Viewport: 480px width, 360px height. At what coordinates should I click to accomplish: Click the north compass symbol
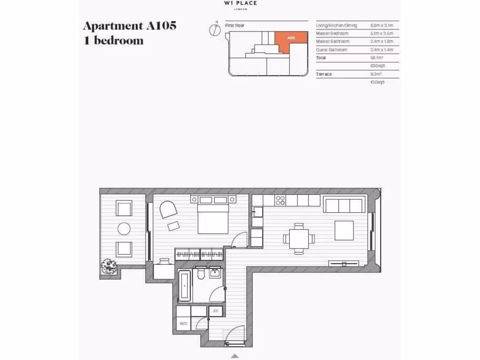click(215, 29)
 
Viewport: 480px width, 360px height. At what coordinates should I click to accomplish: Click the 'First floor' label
click(235, 25)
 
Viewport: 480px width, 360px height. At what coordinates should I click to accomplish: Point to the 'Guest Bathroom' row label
click(332, 50)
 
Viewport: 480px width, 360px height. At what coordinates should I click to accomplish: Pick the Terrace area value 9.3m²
click(376, 74)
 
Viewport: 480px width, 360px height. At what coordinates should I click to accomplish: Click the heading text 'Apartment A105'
click(129, 25)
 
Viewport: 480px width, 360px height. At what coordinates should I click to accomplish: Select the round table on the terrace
click(124, 228)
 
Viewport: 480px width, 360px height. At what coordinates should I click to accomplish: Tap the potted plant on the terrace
click(109, 267)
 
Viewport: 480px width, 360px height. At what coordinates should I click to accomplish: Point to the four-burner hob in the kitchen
click(280, 201)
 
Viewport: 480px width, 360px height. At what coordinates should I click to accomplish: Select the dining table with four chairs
click(299, 239)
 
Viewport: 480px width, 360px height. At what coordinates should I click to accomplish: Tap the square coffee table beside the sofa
click(344, 230)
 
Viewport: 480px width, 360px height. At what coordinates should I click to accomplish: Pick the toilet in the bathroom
click(200, 274)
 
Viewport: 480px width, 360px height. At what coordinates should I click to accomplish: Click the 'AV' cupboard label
click(216, 311)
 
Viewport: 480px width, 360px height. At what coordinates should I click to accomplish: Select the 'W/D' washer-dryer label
click(183, 323)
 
